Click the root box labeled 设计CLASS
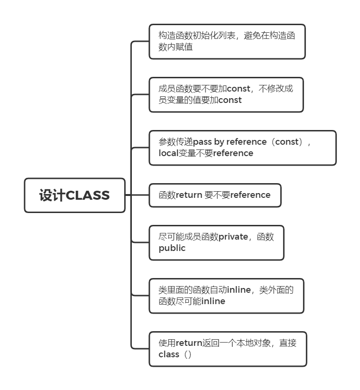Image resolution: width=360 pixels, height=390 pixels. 74,195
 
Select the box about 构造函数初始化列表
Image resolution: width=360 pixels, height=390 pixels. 227,42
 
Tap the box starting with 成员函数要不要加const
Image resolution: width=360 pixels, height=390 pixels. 226,94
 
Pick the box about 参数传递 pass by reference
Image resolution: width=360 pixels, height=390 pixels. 242,148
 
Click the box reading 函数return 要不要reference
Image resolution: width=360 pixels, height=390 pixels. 215,195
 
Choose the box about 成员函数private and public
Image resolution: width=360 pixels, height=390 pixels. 216,242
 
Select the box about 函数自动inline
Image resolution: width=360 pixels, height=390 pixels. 226,296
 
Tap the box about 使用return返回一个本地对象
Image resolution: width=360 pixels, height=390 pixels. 228,349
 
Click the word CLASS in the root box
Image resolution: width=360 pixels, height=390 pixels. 88,195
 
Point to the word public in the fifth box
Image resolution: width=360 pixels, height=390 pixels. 172,248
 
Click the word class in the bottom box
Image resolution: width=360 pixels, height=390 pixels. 169,354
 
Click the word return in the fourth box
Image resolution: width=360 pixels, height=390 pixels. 189,195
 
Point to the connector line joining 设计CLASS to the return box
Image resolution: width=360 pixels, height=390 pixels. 137,195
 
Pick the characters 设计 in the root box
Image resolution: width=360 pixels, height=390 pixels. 52,195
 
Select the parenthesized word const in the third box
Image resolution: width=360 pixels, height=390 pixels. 289,142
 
